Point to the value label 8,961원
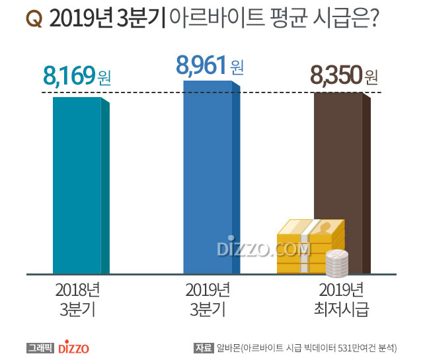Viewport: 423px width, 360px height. click(x=210, y=65)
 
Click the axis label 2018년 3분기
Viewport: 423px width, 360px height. click(x=77, y=299)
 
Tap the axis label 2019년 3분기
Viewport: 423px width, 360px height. click(x=209, y=299)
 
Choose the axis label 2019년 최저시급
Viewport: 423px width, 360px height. click(x=341, y=299)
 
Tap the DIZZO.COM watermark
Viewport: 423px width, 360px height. click(x=263, y=249)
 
